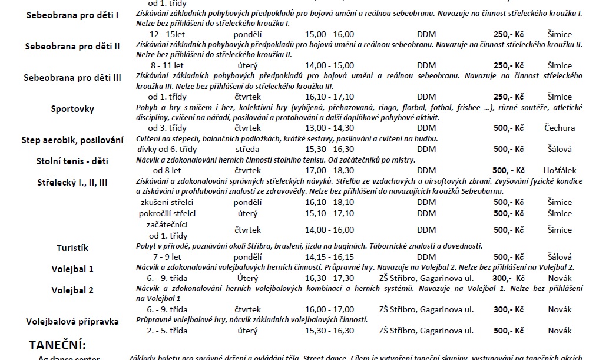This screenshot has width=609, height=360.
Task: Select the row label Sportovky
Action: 72,109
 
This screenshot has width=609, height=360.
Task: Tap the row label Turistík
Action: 72,248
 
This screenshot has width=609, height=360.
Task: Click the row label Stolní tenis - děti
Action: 72,161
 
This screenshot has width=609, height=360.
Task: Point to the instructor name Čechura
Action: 560,128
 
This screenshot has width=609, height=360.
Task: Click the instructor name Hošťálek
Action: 560,170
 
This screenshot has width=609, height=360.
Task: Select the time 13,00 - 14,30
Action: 330,128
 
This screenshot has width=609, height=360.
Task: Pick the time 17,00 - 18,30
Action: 330,170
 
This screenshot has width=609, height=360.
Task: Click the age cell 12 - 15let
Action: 167,34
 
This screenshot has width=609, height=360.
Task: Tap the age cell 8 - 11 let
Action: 167,65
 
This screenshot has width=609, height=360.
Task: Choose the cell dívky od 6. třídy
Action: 167,149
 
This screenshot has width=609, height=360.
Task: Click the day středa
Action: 247,149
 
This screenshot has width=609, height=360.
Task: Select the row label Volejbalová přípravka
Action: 72,322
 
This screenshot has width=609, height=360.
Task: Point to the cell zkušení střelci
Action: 167,202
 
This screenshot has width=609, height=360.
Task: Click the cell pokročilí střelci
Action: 167,213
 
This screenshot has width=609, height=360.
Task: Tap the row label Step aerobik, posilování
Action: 72,140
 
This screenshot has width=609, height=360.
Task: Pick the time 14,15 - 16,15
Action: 330,257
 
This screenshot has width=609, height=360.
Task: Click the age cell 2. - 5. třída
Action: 167,331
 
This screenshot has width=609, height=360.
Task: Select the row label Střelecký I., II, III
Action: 72,182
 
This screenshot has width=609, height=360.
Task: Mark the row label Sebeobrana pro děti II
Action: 72,46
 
